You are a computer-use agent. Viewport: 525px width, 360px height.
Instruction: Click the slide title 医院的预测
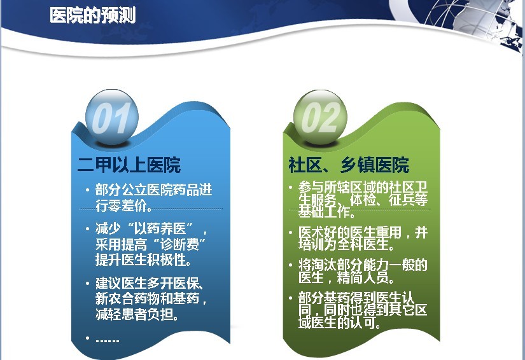(x=93, y=16)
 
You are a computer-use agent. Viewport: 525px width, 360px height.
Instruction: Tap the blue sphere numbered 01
(x=112, y=117)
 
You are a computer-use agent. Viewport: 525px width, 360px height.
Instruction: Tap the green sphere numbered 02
(x=320, y=117)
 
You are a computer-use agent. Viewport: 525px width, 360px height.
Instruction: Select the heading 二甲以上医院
(x=129, y=165)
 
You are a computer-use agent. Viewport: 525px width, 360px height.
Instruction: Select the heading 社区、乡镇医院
(x=349, y=165)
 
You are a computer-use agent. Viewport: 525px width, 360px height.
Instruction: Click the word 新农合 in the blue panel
(x=115, y=298)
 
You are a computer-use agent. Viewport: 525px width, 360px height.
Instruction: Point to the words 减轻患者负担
(x=134, y=314)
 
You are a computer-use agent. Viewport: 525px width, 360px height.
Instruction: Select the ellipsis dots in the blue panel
(x=107, y=340)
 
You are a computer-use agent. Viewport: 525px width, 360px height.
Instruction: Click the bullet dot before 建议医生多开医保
(x=88, y=283)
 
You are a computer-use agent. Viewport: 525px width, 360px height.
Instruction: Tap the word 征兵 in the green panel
(x=402, y=200)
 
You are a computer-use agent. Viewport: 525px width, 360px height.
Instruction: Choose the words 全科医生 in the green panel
(x=363, y=244)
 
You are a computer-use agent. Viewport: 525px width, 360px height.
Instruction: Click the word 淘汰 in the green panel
(x=324, y=265)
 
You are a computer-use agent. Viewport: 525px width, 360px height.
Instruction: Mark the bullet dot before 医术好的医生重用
(x=291, y=232)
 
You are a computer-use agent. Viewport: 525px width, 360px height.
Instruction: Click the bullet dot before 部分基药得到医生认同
(x=291, y=298)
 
